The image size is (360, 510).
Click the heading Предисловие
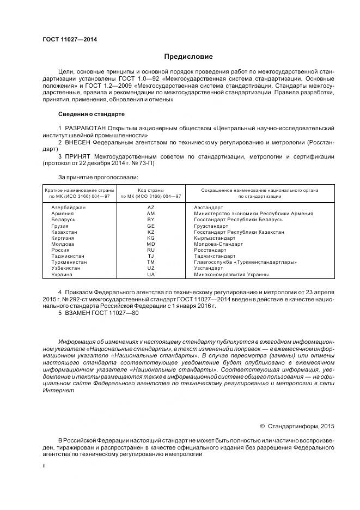point(189,57)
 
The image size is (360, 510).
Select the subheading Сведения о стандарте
point(91,114)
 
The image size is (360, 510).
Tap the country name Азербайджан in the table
point(68,208)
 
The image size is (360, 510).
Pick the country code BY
point(151,220)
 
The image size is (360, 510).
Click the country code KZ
point(151,232)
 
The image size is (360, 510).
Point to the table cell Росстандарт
point(210,250)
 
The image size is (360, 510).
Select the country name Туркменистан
point(69,262)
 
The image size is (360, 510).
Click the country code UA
point(151,275)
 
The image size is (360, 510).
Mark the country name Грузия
point(60,226)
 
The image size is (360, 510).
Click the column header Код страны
point(151,190)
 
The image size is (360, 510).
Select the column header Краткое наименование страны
point(80,190)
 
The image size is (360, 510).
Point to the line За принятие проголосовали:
point(97,177)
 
